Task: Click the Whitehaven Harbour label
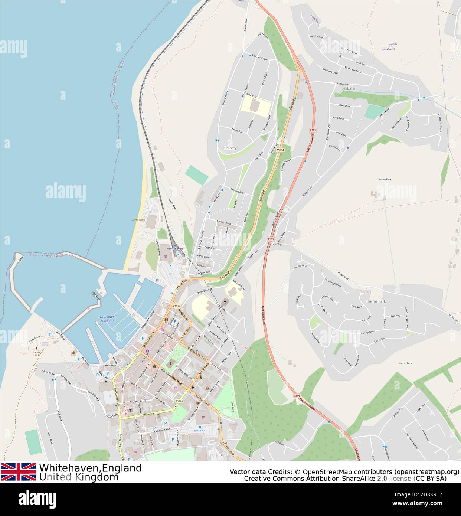(107, 318)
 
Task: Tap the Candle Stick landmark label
(36, 353)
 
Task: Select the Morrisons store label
(200, 431)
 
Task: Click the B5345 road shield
(179, 401)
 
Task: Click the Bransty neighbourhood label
(230, 148)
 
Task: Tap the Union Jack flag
(18, 472)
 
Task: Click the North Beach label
(138, 220)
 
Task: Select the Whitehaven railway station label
(175, 248)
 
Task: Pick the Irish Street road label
(147, 414)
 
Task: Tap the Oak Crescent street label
(316, 37)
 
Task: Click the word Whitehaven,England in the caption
(90, 468)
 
